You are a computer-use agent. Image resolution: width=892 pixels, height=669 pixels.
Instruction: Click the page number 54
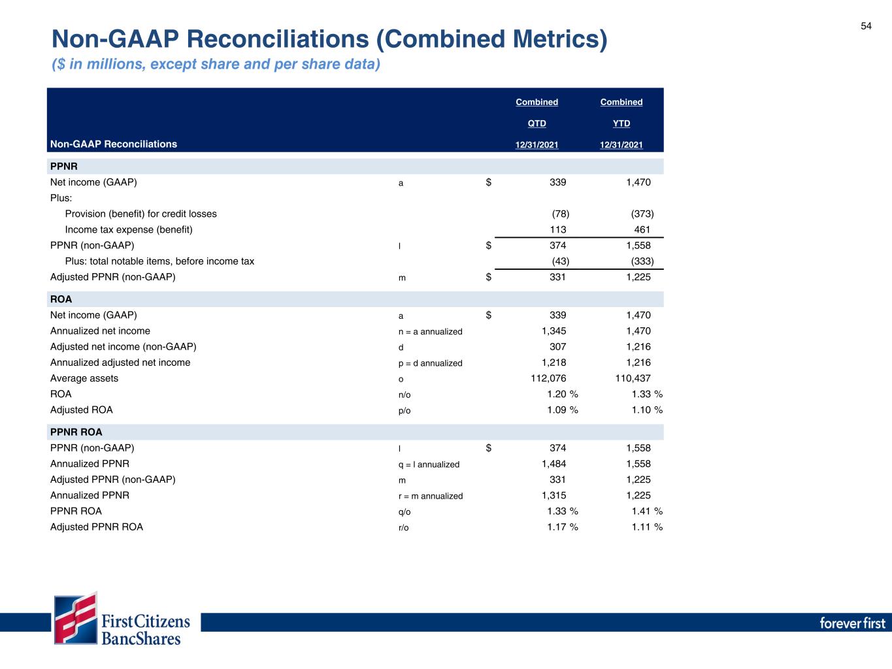coord(866,26)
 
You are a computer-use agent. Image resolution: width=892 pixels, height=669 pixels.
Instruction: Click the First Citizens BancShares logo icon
coord(76,618)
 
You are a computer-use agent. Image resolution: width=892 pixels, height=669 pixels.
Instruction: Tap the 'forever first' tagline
coord(852,623)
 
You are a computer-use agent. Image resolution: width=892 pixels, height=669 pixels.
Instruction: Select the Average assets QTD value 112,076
coord(548,378)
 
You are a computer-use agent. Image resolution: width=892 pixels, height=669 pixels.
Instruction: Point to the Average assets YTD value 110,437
coord(633,378)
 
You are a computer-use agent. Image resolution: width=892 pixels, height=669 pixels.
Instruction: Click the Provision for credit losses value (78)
coord(560,214)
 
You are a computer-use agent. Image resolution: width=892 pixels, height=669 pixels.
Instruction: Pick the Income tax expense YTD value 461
coord(642,229)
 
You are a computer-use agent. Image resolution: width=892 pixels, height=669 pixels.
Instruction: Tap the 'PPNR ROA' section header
coord(76,432)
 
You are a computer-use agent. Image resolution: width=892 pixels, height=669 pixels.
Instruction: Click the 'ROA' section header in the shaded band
coord(61,299)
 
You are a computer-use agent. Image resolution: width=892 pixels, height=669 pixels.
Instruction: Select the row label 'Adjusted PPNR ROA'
coord(97,527)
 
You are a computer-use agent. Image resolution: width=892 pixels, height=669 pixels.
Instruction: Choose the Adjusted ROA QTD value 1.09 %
coord(562,410)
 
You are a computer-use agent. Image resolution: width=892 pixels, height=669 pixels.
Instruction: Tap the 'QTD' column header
coord(537,123)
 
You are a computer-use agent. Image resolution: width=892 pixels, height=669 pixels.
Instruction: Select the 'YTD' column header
coord(621,123)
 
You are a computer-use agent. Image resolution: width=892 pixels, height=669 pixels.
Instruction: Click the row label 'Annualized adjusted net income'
coord(120,363)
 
